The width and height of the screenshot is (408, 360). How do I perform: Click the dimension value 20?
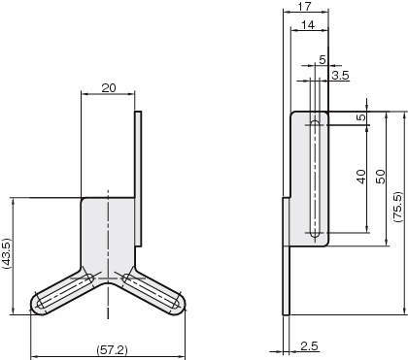pos(109,87)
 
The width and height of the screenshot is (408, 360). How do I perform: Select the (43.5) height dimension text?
pos(7,254)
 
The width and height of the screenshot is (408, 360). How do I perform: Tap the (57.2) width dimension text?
pos(112,349)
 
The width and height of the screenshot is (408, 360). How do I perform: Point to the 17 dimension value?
pos(305,7)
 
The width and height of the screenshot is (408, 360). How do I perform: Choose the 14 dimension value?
pos(308,25)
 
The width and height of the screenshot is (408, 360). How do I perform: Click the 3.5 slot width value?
pos(340,76)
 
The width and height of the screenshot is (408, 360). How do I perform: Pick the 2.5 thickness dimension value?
pos(309,346)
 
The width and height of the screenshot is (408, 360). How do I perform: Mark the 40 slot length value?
pos(360,177)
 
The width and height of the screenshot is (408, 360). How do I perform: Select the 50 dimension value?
pos(381,177)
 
